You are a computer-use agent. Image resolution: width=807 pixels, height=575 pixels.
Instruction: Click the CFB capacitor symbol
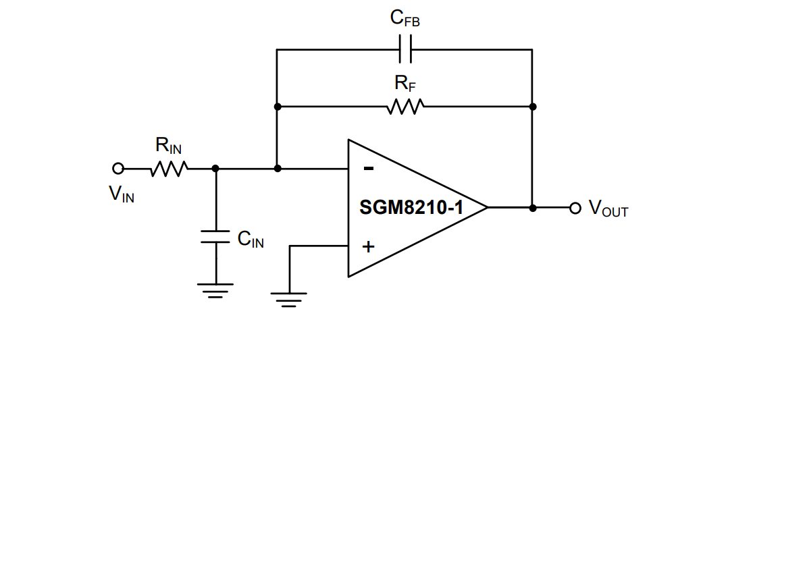click(x=405, y=49)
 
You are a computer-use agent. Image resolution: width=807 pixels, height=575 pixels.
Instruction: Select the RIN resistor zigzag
click(x=168, y=168)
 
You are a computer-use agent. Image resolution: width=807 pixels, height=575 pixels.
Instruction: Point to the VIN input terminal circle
click(x=118, y=168)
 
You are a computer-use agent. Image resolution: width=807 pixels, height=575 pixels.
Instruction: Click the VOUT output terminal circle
click(x=575, y=208)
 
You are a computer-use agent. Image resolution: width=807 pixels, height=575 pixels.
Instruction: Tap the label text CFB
click(x=405, y=19)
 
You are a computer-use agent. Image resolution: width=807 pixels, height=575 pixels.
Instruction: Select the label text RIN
click(x=168, y=145)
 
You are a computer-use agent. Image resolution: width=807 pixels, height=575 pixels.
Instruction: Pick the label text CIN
click(x=251, y=239)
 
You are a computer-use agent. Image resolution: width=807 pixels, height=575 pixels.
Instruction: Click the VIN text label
click(x=122, y=195)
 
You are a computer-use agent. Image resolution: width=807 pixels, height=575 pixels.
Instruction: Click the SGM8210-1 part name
click(x=411, y=208)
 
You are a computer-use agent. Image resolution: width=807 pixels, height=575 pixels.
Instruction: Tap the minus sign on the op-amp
click(x=368, y=169)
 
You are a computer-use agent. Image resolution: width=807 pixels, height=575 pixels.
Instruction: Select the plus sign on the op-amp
click(x=368, y=246)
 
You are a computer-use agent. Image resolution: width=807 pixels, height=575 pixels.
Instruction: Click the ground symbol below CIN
click(x=216, y=290)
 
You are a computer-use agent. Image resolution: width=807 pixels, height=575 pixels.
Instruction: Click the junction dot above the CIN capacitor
click(x=216, y=168)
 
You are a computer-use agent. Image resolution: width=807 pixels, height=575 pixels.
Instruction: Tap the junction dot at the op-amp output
click(x=532, y=208)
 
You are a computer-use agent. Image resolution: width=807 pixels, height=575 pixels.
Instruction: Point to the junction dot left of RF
click(x=278, y=106)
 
